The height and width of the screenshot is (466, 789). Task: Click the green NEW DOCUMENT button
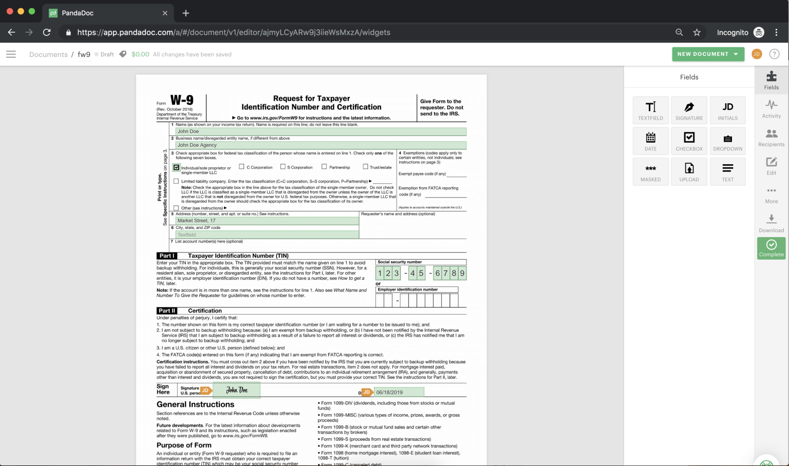707,54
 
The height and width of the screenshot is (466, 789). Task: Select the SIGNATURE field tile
689,110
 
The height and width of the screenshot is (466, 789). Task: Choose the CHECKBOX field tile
689,141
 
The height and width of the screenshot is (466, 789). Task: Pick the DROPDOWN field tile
727,141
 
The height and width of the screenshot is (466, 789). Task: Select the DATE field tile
650,141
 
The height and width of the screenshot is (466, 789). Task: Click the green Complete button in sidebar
771,248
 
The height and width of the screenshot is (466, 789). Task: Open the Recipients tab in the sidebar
771,138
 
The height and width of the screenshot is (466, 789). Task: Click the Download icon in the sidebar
771,223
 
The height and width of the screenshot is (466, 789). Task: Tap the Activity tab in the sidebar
771,108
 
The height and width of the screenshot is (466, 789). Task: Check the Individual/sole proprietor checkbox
177,167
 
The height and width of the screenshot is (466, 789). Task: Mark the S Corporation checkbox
283,166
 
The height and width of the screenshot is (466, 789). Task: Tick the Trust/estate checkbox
365,166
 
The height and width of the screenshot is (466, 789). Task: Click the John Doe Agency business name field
321,145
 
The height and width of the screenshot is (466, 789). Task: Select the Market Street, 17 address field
267,221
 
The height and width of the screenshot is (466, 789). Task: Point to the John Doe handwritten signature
236,390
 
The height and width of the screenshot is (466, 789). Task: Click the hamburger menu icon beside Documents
11,54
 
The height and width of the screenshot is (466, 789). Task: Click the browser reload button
47,32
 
